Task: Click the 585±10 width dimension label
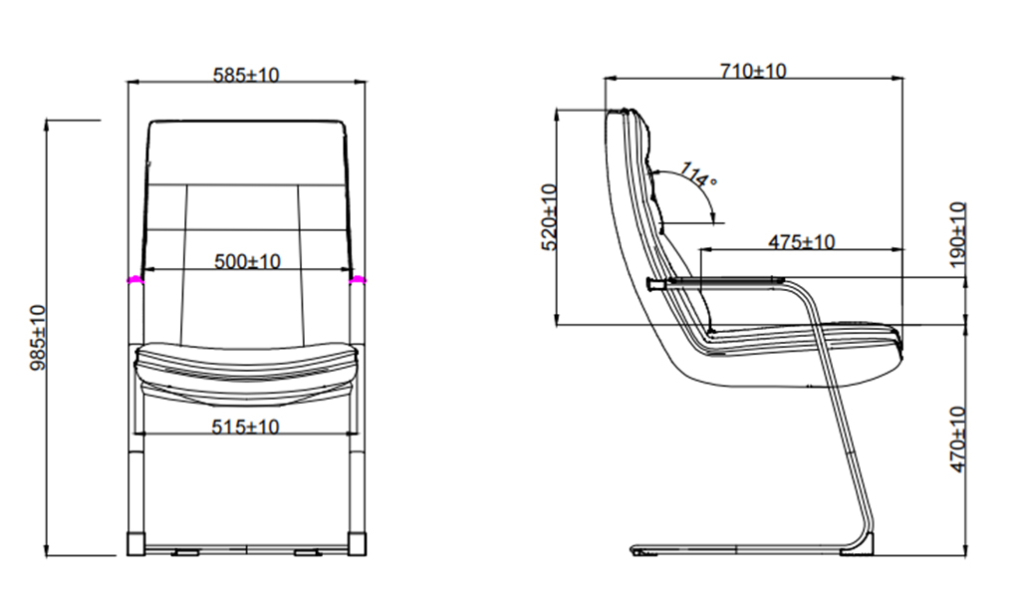click(x=246, y=75)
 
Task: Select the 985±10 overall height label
click(x=39, y=337)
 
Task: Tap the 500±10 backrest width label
click(x=247, y=261)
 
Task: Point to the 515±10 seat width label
click(x=245, y=427)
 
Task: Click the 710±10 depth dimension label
click(x=753, y=71)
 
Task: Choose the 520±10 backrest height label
click(x=550, y=216)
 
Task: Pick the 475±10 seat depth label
click(x=802, y=242)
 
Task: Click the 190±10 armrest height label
click(x=958, y=234)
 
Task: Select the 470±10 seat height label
click(x=958, y=440)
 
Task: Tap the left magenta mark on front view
click(x=135, y=279)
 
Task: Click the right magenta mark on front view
click(x=358, y=279)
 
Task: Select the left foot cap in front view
click(x=135, y=543)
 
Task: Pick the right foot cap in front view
click(x=358, y=543)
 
